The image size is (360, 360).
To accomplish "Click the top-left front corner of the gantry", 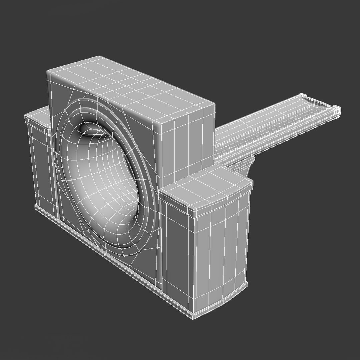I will pos(49,72).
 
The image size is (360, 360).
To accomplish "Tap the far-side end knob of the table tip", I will pos(304,96).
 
